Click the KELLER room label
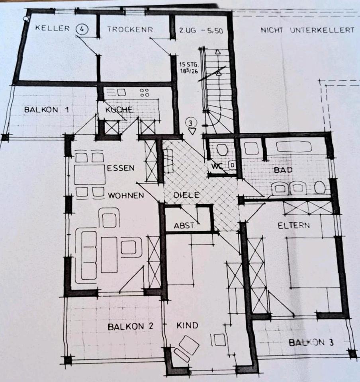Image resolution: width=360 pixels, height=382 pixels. click(x=53, y=28)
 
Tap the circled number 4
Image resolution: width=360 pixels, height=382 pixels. click(x=82, y=29)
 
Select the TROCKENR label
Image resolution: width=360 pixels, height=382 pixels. click(x=130, y=29)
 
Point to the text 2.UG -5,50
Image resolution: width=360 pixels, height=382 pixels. click(x=201, y=31)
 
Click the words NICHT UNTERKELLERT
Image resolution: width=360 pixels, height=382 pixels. click(x=307, y=30)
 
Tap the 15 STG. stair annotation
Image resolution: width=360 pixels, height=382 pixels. click(x=189, y=65)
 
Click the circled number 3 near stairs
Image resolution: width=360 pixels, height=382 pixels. click(x=191, y=123)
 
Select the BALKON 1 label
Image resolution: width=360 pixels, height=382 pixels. click(x=46, y=110)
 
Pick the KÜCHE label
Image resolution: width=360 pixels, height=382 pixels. click(x=119, y=109)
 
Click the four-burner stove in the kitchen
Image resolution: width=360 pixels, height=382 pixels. click(x=145, y=93)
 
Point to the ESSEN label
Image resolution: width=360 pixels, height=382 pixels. click(x=121, y=168)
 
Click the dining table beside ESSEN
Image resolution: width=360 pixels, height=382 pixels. click(x=90, y=175)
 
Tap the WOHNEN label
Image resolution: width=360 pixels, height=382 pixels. click(x=126, y=195)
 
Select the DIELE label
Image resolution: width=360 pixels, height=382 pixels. click(x=186, y=195)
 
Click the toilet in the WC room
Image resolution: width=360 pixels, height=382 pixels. click(x=222, y=150)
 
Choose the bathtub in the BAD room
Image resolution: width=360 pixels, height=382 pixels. click(x=293, y=147)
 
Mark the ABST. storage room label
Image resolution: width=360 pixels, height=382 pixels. click(x=184, y=226)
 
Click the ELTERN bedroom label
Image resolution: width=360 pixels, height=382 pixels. click(x=294, y=225)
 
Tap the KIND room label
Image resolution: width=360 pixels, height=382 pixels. click(x=187, y=325)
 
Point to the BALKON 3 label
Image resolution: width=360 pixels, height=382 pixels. click(x=311, y=343)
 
